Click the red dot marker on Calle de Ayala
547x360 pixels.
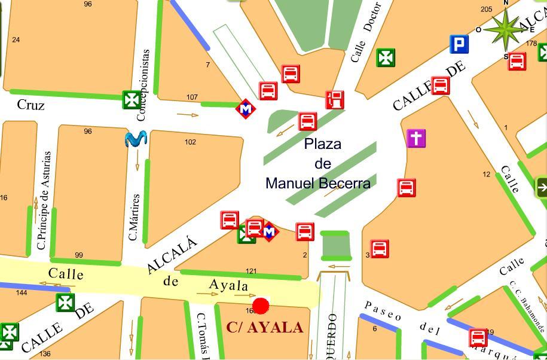coord(261,306)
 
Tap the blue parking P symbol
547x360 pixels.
coord(459,44)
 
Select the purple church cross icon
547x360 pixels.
coord(416,138)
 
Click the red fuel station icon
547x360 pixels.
coord(335,99)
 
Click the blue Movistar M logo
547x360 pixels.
coord(136,139)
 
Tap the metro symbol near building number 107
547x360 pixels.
coord(245,109)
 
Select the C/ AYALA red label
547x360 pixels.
coord(265,328)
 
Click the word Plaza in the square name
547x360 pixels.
coord(323,144)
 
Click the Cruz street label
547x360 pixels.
coord(30,105)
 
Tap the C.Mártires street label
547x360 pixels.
coord(135,217)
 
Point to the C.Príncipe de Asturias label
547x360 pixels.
coord(43,200)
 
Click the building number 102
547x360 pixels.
coord(190,142)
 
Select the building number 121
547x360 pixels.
coord(251,271)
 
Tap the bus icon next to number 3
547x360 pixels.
coord(380,248)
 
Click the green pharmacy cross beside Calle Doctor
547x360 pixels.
coord(386,58)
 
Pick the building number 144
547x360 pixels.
coord(22,292)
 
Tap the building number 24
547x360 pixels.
coord(16,40)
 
